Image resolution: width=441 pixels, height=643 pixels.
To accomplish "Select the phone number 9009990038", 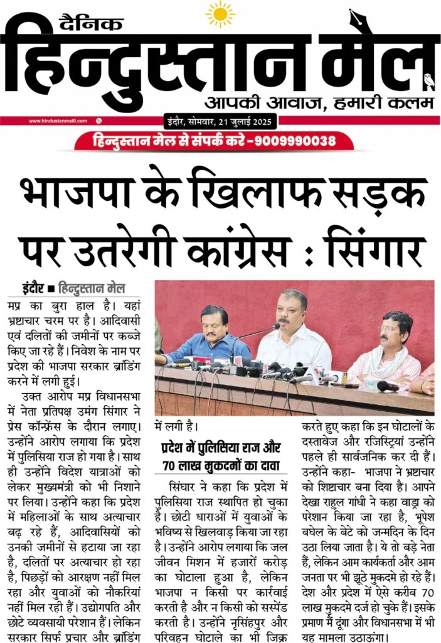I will (293, 140).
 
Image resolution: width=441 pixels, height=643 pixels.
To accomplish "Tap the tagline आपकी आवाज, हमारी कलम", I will (305, 102).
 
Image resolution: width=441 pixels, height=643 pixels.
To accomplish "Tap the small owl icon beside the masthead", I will (429, 81).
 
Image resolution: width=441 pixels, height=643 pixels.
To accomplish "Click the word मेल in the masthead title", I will (370, 60).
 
